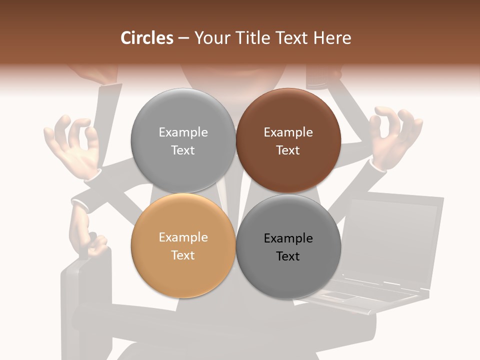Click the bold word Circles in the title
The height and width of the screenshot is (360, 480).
tap(146, 38)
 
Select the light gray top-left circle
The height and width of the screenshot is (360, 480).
tap(183, 140)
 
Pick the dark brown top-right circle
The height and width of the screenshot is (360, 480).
tap(288, 140)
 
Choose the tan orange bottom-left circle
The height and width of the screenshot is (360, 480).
tap(183, 246)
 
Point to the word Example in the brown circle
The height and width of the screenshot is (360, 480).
tap(288, 132)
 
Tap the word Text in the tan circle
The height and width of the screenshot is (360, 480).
tap(183, 255)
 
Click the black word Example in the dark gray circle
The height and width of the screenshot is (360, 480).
tap(288, 238)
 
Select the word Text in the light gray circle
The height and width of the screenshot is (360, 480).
tap(183, 150)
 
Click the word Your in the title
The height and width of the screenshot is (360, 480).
tap(212, 38)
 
